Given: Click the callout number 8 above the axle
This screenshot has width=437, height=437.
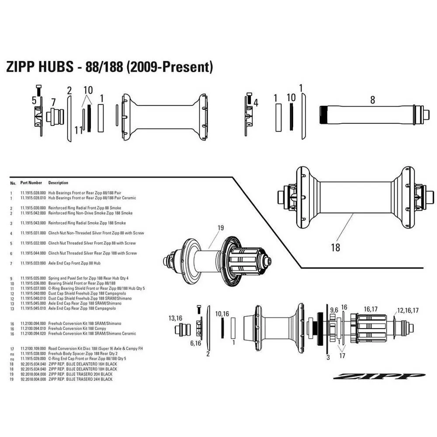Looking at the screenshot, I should tap(372, 100).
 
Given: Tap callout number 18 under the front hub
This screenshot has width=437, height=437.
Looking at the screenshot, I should tap(335, 247).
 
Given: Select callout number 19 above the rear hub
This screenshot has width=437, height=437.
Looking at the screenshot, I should tap(221, 227).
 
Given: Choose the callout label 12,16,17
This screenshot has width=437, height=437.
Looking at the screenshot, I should tap(407, 311).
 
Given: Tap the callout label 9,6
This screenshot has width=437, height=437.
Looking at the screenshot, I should tap(334, 310).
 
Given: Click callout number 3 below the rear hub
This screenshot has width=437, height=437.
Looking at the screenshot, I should tap(328, 357).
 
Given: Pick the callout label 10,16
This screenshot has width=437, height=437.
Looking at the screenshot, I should tap(222, 313).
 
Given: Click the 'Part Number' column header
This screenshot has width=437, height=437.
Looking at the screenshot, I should tap(31, 183).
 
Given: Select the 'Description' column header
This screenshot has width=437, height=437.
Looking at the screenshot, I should tap(58, 183).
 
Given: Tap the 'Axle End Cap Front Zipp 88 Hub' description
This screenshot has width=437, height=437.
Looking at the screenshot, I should tap(74, 264).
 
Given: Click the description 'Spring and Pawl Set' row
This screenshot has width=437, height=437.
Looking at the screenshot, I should tap(89, 278).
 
